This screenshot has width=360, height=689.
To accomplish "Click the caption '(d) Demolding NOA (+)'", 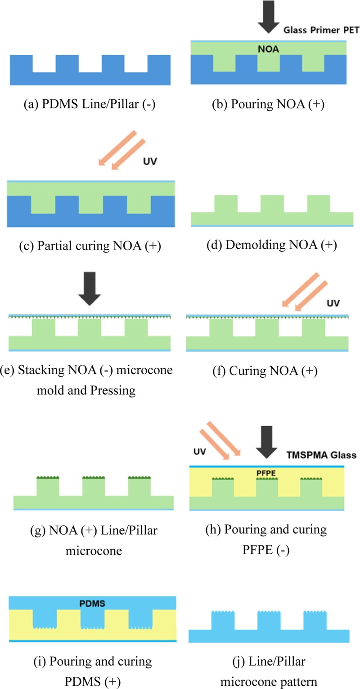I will (268, 246).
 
